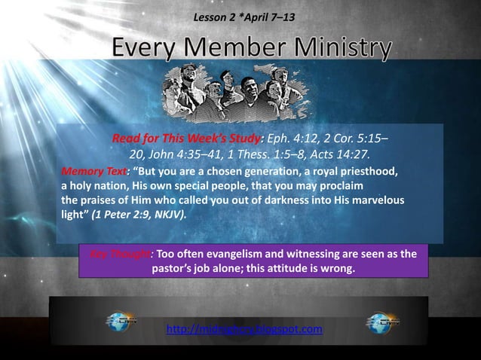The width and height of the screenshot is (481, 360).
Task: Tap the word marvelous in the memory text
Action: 376,200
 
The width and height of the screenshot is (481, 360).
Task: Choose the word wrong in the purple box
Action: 335,268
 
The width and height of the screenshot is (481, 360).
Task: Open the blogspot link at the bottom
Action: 244,329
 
